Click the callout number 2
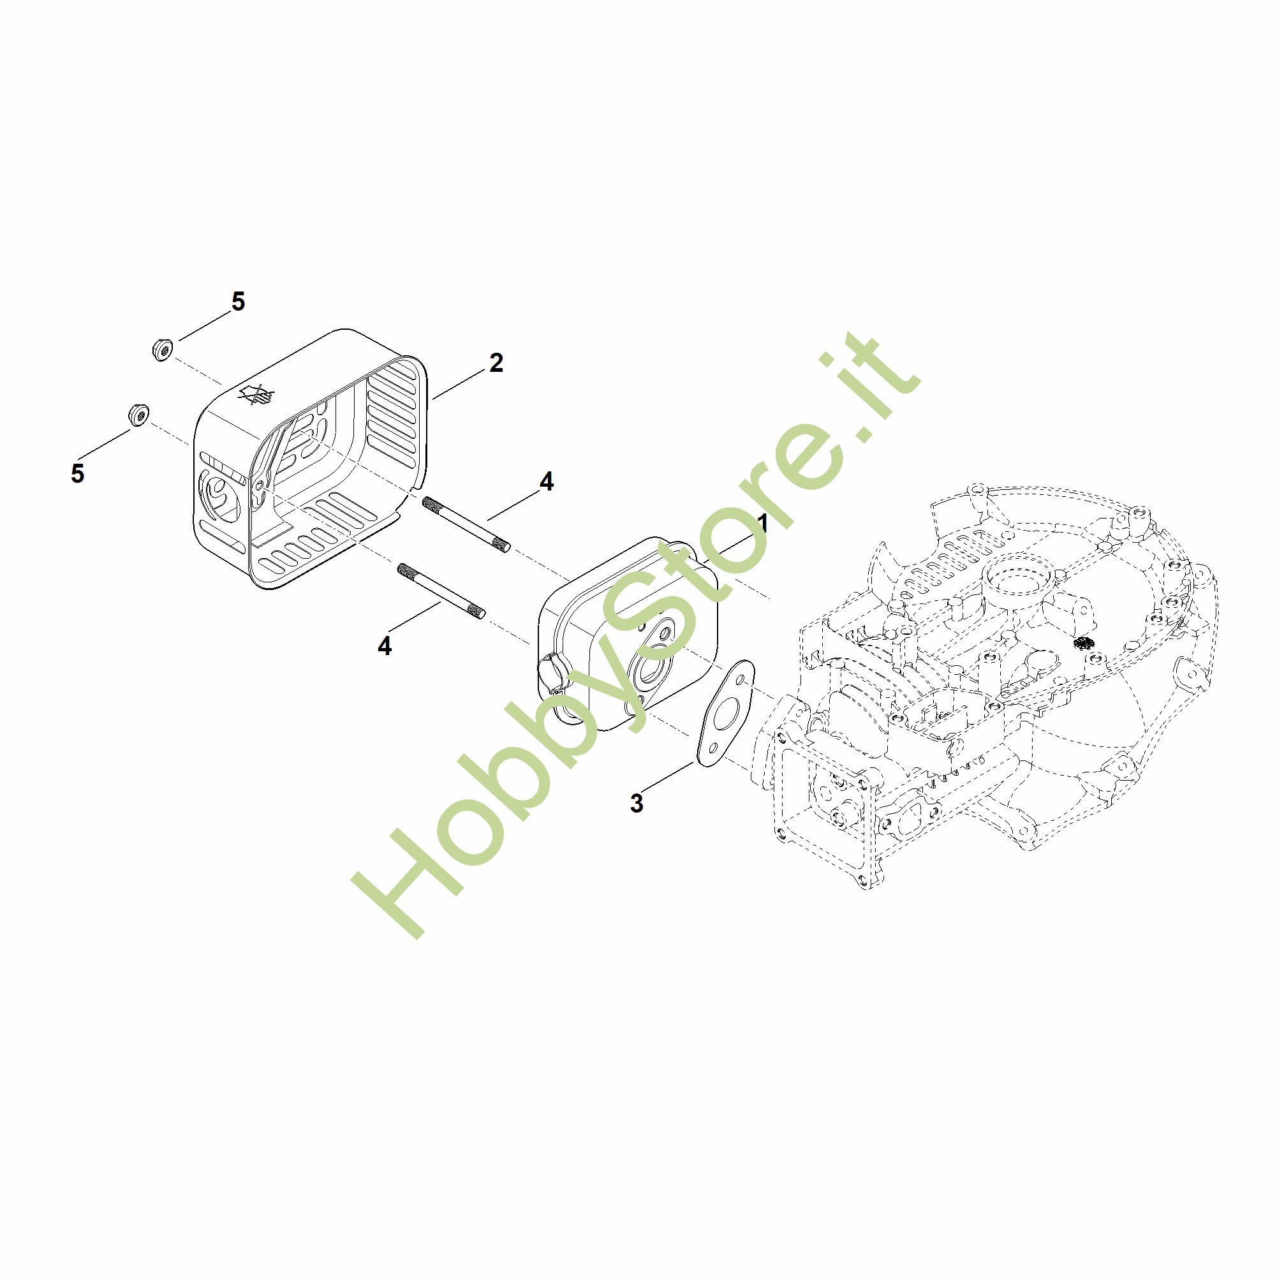point(496,363)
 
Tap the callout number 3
point(637,803)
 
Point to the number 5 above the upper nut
point(238,302)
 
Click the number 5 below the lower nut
point(78,474)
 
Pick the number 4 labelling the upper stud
point(546,482)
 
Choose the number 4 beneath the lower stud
point(385,646)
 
